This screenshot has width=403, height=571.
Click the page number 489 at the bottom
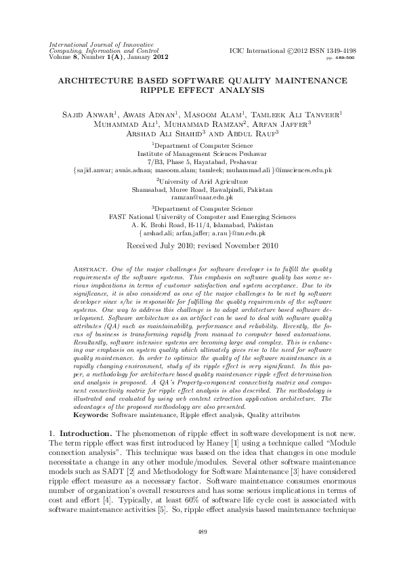[x=201, y=531]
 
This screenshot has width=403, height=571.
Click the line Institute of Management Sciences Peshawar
[x=201, y=153]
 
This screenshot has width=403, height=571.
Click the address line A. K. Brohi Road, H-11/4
[x=201, y=224]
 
